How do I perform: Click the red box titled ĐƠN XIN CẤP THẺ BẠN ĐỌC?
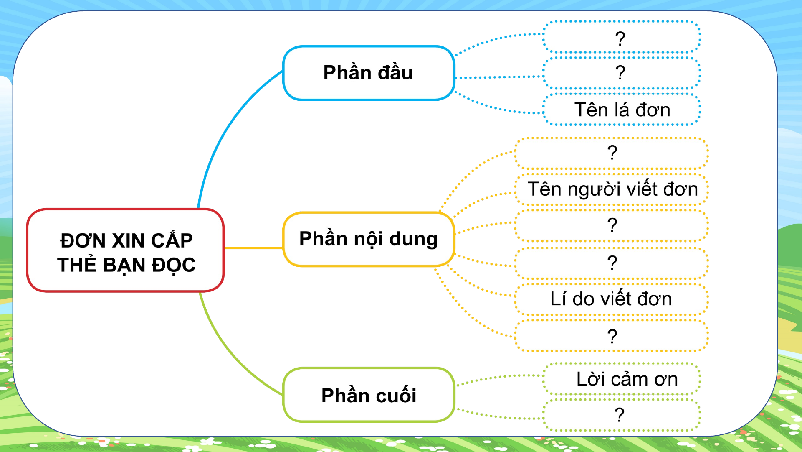click(125, 250)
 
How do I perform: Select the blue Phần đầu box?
click(369, 73)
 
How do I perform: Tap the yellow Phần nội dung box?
click(369, 239)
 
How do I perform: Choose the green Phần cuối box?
click(369, 395)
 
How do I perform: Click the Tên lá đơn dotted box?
click(622, 110)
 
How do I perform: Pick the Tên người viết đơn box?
click(612, 189)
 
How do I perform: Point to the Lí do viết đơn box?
click(612, 299)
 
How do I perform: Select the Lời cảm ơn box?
click(622, 379)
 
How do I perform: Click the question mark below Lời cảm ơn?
click(620, 414)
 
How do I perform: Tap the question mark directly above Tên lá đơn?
click(620, 73)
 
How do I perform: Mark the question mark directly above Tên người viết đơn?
click(612, 153)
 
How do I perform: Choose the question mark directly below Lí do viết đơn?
click(612, 336)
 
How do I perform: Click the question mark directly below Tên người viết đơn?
click(612, 225)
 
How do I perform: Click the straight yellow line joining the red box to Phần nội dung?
click(253, 248)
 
